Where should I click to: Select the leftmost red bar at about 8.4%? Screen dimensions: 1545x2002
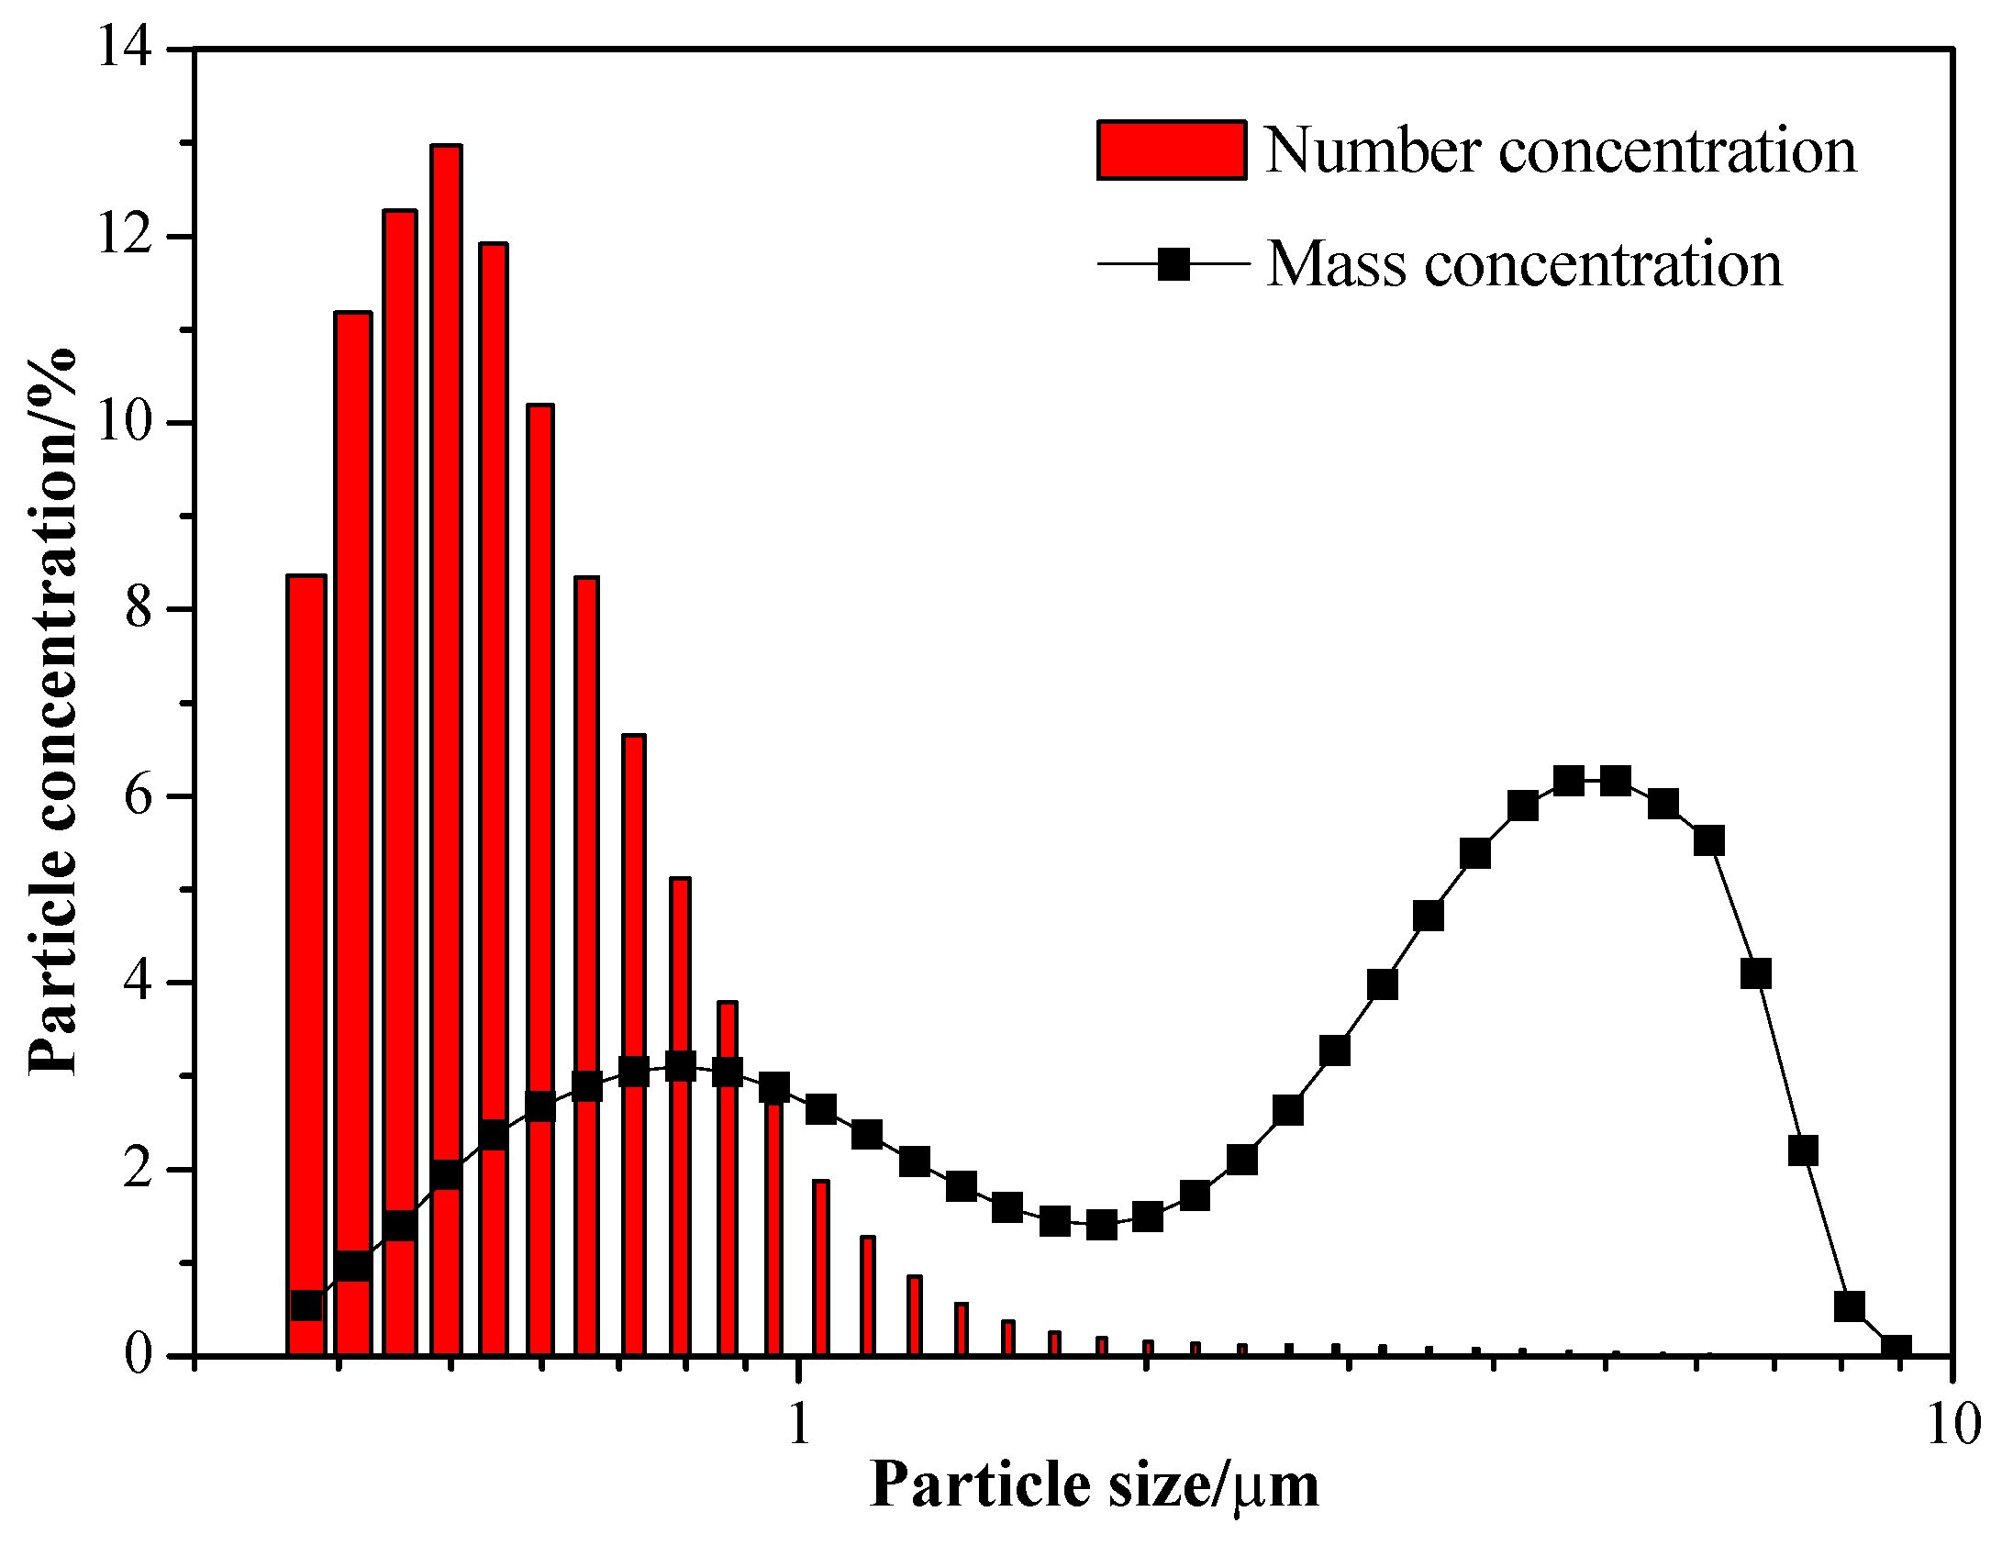pyautogui.click(x=306, y=917)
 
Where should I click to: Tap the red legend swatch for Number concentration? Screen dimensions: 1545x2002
pyautogui.click(x=1171, y=150)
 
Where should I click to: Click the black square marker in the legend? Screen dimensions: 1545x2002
pyautogui.click(x=1173, y=265)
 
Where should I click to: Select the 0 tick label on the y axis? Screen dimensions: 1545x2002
pyautogui.click(x=138, y=1355)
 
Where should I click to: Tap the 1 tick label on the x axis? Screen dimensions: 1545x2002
pyautogui.click(x=799, y=1425)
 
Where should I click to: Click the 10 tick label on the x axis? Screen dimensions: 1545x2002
pyautogui.click(x=1952, y=1425)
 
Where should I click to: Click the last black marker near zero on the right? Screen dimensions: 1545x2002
pyautogui.click(x=1896, y=1350)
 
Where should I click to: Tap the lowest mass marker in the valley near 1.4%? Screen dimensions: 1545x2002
pyautogui.click(x=1101, y=1224)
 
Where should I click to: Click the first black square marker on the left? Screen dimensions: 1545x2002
pyautogui.click(x=306, y=1306)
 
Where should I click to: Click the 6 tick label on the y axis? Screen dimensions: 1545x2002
pyautogui.click(x=138, y=796)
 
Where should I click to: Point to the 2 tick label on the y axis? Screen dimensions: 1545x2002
pyautogui.click(x=138, y=1170)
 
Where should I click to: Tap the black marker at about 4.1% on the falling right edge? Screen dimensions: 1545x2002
pyautogui.click(x=1755, y=974)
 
